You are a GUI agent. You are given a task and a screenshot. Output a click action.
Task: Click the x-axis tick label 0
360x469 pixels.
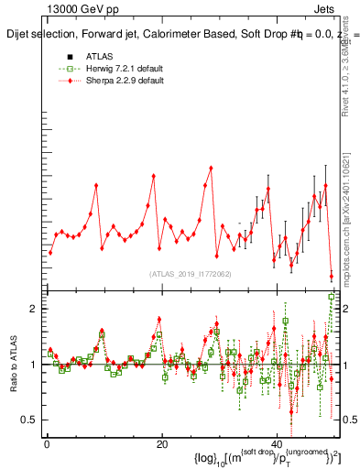tap(46, 443)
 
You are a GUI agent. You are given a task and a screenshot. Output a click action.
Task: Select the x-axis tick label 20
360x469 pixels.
tap(161, 443)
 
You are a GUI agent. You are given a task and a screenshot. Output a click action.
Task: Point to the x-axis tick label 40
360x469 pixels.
tap(277, 443)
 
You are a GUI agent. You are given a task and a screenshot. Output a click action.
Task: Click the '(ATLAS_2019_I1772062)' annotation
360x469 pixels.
tap(191, 274)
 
